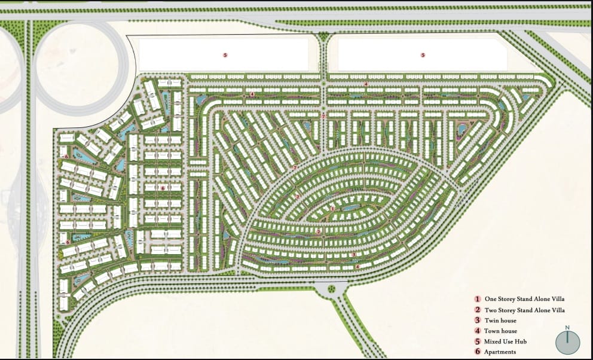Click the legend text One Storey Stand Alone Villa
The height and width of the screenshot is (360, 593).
[x=524, y=298]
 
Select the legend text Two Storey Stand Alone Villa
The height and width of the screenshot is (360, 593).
[x=525, y=310]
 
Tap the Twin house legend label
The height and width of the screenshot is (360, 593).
[x=500, y=321]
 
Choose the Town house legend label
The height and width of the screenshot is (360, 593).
[x=501, y=331]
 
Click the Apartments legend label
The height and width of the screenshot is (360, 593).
[x=501, y=352]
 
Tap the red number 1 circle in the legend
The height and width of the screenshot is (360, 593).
[x=478, y=298]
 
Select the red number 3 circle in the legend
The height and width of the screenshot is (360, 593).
[x=478, y=321]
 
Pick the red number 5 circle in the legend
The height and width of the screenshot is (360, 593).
[x=478, y=341]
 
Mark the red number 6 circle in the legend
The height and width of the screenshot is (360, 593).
[x=478, y=352]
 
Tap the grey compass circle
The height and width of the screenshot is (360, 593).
[x=567, y=341]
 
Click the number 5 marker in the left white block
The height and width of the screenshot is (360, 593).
[x=225, y=54]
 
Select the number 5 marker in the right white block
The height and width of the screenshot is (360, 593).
[x=423, y=54]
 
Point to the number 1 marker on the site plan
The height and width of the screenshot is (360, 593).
[x=332, y=208]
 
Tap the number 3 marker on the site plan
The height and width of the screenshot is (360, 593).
[x=354, y=255]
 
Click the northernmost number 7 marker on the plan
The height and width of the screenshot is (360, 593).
[x=323, y=116]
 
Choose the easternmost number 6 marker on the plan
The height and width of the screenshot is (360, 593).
[x=163, y=188]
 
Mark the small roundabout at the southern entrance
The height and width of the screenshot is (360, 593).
[x=332, y=290]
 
